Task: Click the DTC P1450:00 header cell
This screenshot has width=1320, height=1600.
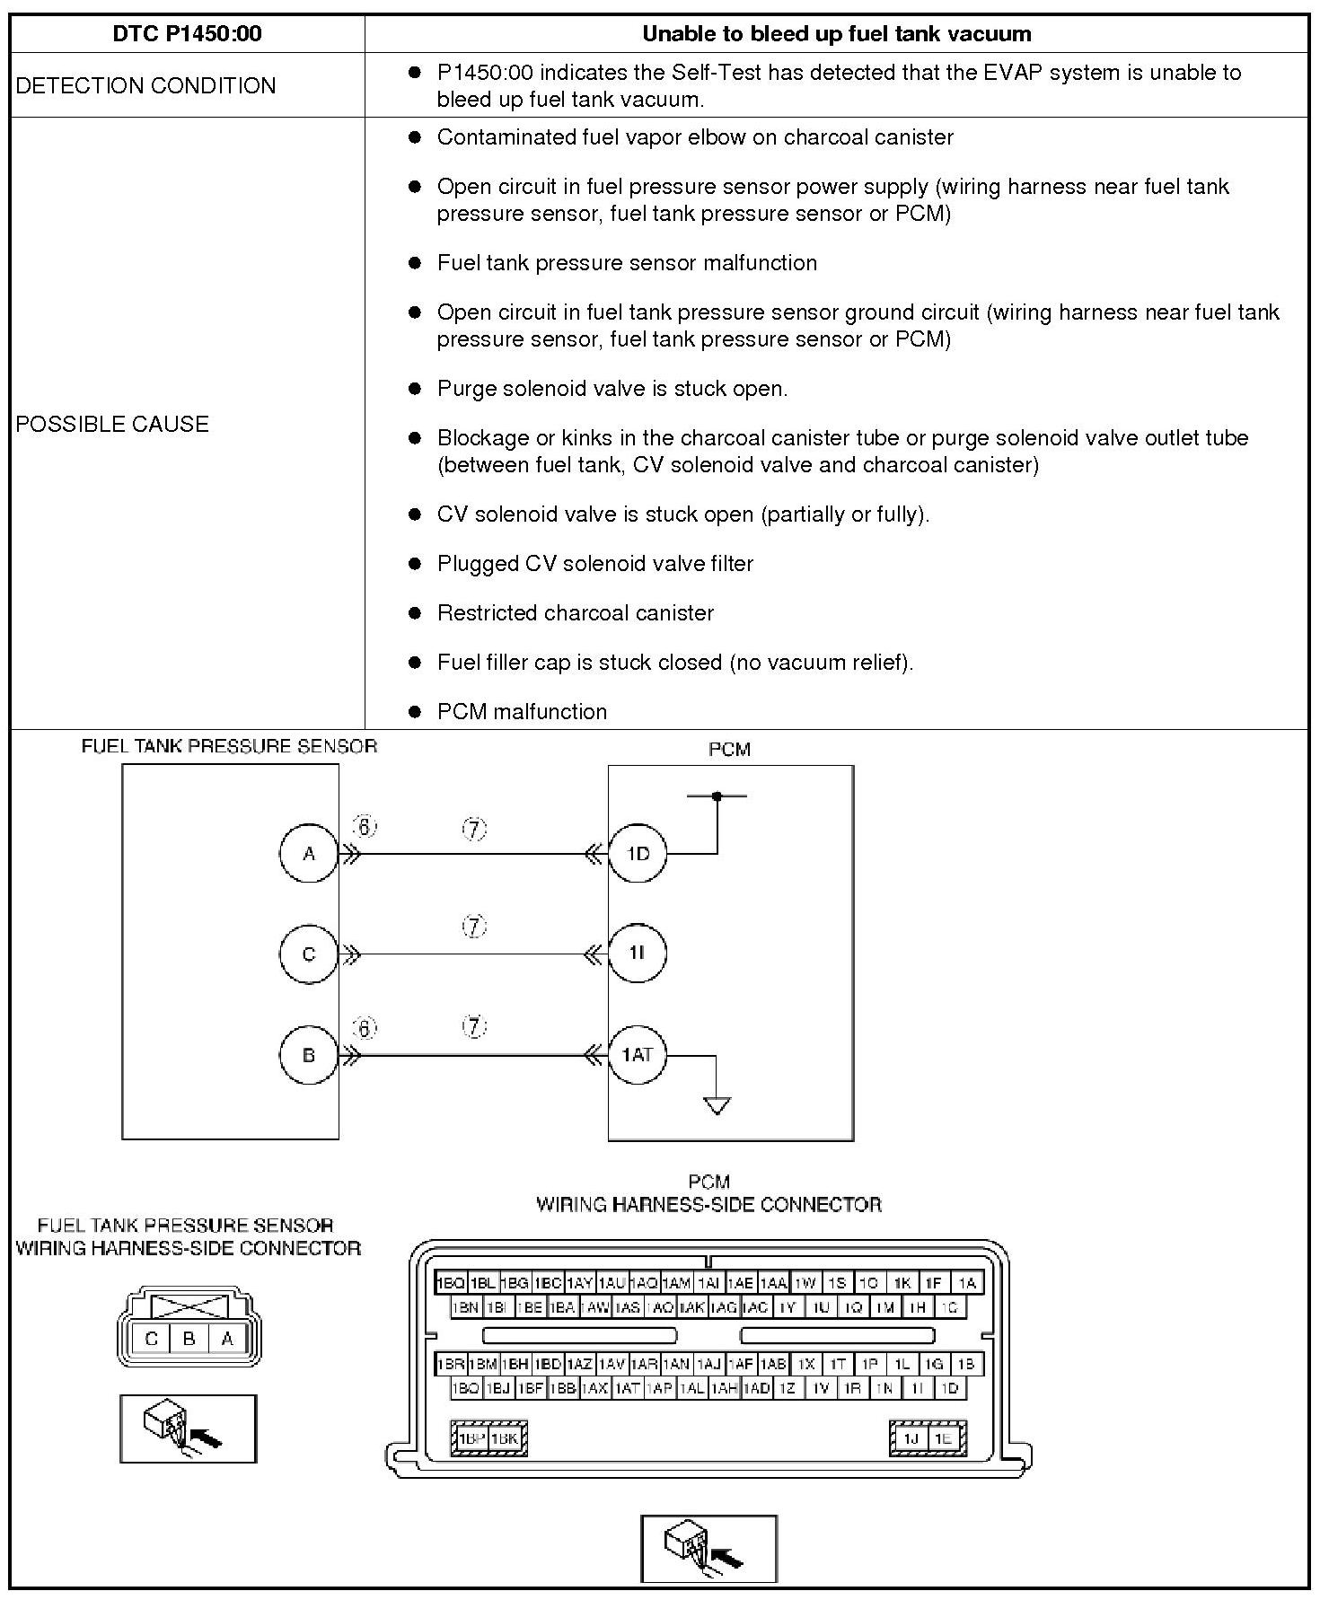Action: coord(187,34)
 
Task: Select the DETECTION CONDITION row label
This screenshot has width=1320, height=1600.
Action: coord(145,85)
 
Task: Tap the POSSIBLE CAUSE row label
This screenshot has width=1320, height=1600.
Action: coord(112,424)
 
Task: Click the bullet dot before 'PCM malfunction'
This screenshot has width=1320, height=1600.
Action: coord(415,712)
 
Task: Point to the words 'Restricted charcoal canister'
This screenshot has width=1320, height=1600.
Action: coord(575,613)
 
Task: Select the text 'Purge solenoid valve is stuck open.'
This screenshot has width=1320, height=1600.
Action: coord(612,389)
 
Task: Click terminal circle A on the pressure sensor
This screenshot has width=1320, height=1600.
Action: coord(309,853)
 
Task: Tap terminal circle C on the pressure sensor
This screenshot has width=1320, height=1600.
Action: coord(309,954)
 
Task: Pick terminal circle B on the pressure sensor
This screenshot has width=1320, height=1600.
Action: coord(309,1055)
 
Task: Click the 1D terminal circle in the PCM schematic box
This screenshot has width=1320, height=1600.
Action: coord(638,853)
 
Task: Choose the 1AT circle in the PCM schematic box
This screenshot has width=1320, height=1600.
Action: coord(638,1054)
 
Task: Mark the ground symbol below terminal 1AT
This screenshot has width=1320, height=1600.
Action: coord(717,1104)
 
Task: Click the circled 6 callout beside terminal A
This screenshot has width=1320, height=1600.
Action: coord(364,827)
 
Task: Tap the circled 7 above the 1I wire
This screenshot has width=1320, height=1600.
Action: coord(474,926)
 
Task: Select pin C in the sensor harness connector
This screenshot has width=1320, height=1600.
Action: coord(151,1340)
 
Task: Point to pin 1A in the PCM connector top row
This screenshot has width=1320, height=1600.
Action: coord(967,1283)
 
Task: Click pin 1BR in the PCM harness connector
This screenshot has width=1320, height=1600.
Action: coord(450,1364)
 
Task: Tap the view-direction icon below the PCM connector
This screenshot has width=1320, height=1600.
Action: coord(708,1548)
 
